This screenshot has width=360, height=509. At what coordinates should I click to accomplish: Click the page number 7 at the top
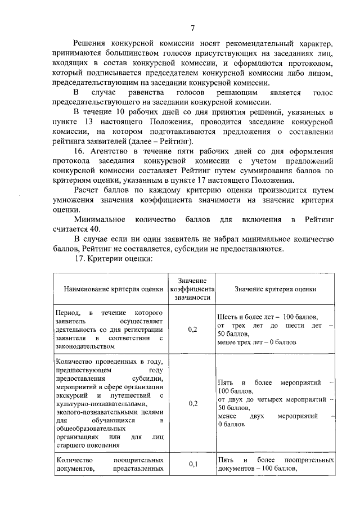(193, 29)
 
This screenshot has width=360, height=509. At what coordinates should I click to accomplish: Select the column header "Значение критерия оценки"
(275, 289)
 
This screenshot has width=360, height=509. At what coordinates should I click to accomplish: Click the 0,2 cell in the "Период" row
(193, 330)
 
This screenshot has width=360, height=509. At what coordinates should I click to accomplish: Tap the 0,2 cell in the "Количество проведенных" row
(193, 403)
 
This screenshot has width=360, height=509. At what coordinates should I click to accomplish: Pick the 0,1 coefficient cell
(193, 463)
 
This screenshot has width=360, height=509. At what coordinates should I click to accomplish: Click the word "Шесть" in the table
(227, 316)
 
